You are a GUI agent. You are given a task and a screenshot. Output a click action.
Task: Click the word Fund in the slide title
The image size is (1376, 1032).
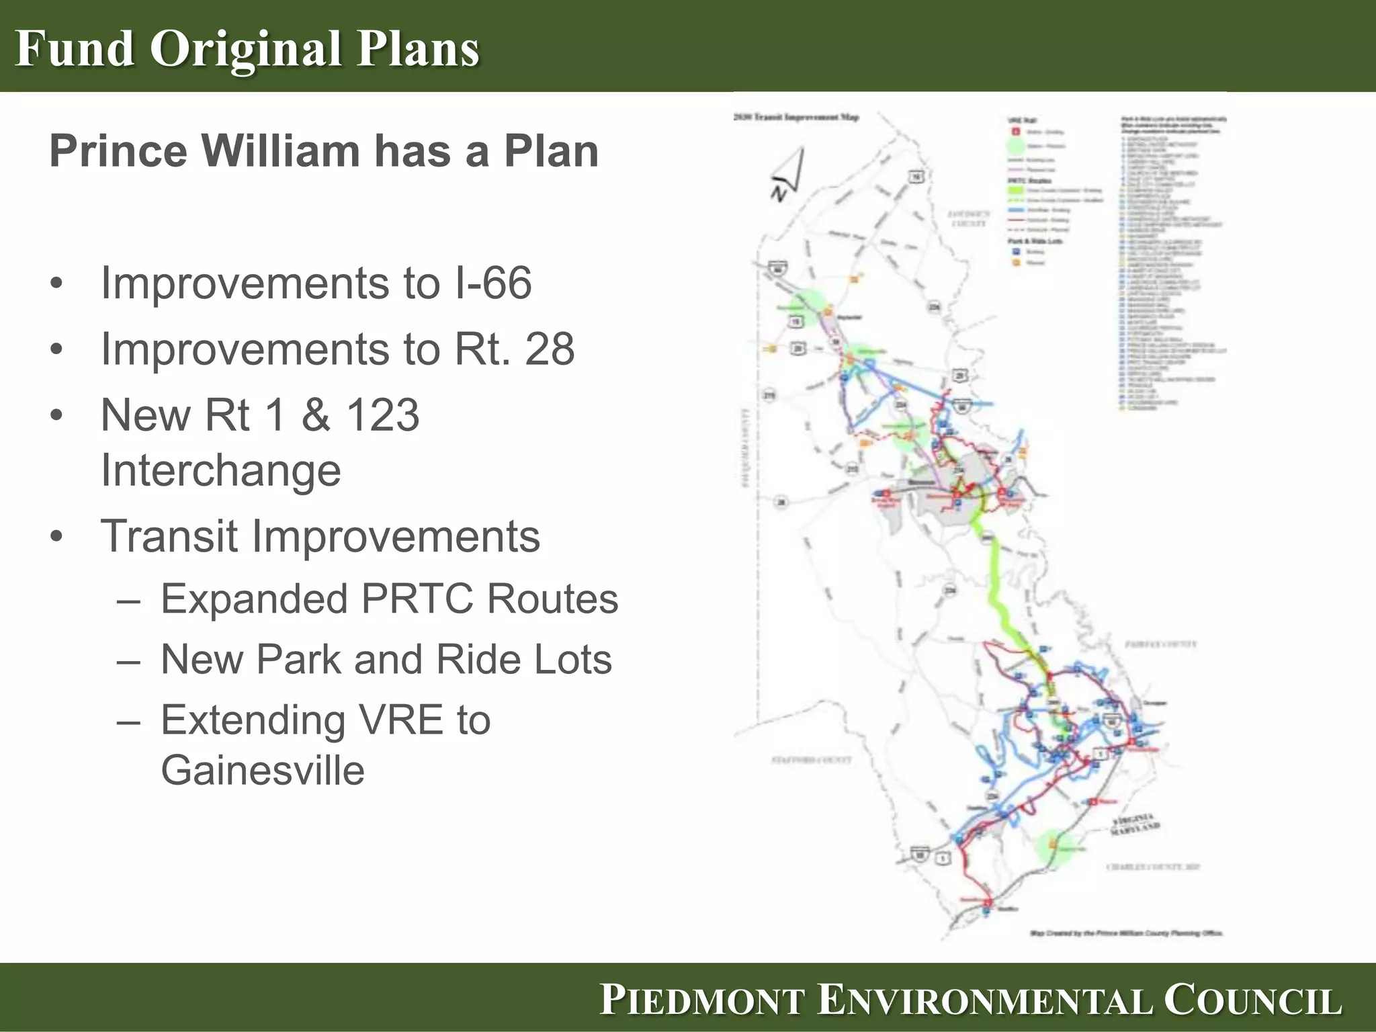[x=74, y=48]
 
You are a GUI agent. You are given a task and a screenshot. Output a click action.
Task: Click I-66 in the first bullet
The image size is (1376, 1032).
[x=493, y=283]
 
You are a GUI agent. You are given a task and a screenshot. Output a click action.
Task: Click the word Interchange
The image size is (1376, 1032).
[x=220, y=470]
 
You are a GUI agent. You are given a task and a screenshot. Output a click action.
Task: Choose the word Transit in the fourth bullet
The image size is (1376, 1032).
[x=169, y=536]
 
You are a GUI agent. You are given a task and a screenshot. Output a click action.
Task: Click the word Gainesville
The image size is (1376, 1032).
[x=263, y=770]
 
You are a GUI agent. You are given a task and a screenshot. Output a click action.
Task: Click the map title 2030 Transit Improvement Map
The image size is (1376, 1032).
[x=795, y=118]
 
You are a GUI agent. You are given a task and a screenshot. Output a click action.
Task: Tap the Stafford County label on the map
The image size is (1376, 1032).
[x=811, y=760]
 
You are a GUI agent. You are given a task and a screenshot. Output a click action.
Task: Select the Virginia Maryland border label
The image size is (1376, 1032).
[x=1134, y=824]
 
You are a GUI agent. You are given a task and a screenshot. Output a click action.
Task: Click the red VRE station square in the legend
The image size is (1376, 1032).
[x=1016, y=132]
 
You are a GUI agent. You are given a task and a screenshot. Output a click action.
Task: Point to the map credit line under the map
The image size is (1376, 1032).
[x=1126, y=933]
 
